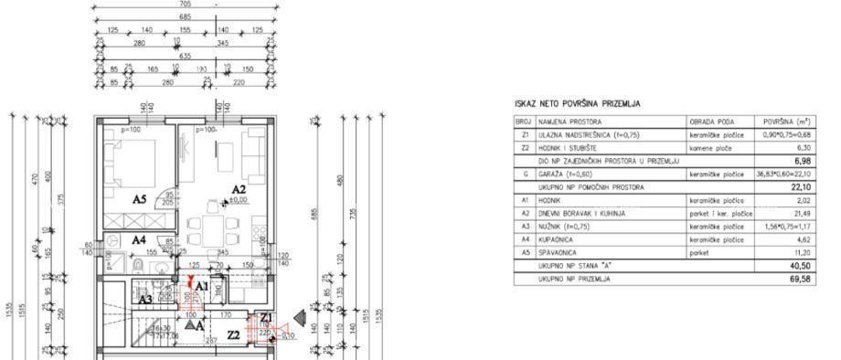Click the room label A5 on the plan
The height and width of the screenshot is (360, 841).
[x=140, y=198]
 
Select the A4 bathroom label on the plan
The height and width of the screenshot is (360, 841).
[x=137, y=239]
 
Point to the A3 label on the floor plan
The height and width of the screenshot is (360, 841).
[x=145, y=299]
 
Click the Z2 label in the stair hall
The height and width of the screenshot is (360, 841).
[x=234, y=335]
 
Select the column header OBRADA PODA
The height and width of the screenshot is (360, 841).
[x=711, y=121]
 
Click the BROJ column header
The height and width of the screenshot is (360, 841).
[x=524, y=121]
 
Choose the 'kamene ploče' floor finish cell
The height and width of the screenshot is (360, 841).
[x=711, y=146]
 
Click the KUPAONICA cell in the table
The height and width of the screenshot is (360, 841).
[x=559, y=239]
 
